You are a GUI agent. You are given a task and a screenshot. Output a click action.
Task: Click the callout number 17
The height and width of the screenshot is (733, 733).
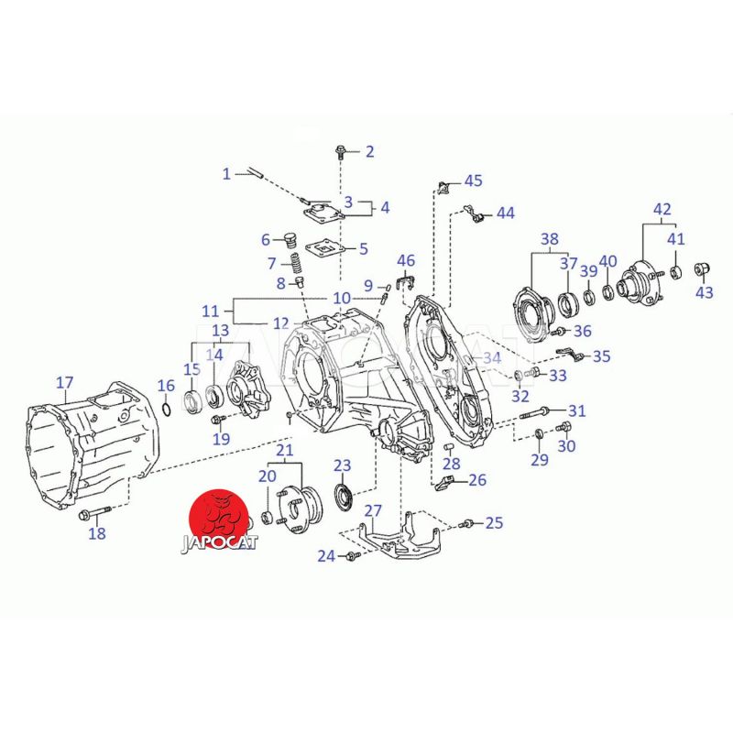(64, 382)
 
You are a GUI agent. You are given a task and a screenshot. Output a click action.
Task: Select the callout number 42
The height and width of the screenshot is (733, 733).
(662, 209)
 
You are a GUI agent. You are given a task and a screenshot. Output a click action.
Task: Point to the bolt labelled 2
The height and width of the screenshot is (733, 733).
(342, 151)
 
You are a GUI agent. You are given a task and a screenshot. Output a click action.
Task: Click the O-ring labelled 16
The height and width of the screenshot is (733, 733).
(166, 407)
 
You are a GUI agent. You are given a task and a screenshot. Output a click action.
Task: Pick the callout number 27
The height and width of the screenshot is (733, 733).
(373, 510)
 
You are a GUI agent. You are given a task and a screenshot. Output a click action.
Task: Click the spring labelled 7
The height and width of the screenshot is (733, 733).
(297, 267)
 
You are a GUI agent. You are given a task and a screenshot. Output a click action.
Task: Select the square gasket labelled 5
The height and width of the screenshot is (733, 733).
(321, 248)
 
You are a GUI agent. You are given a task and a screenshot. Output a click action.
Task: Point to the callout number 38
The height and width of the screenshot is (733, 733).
(549, 240)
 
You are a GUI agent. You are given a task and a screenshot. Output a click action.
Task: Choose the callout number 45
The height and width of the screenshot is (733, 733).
(473, 181)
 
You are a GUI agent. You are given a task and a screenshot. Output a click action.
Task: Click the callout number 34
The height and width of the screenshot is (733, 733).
(492, 357)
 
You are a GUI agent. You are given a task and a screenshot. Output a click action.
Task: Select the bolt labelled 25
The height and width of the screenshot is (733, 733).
(466, 523)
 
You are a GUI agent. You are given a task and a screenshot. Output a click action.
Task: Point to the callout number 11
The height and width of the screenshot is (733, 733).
(211, 310)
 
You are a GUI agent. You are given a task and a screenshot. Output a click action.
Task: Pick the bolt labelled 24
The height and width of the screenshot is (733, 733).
(350, 555)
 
